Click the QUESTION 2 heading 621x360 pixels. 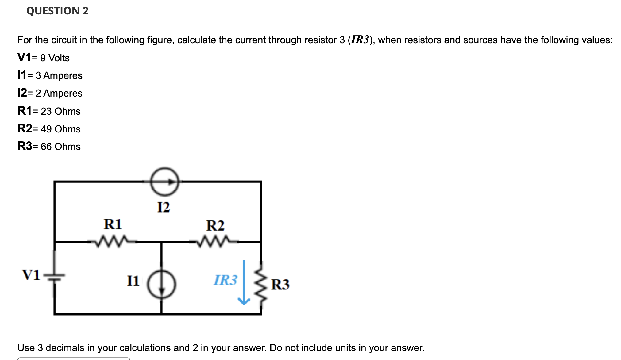pos(57,11)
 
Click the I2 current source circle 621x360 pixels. pos(165,182)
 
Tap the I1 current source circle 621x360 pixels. pos(162,284)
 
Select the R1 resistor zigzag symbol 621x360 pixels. pos(112,241)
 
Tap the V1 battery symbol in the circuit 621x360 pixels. pos(54,275)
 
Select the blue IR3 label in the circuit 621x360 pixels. pos(226,280)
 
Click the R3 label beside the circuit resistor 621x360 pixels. pos(280,284)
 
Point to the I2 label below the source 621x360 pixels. pos(163,207)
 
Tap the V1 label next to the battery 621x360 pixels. pos(31,275)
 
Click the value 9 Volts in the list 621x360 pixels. pos(55,58)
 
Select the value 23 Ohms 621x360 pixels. pos(60,111)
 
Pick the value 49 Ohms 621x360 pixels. pos(60,129)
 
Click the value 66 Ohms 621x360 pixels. pos(60,147)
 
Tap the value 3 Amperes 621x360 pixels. pos(59,75)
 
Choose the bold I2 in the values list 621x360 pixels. pos(22,93)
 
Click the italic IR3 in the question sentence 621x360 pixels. pos(360,40)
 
